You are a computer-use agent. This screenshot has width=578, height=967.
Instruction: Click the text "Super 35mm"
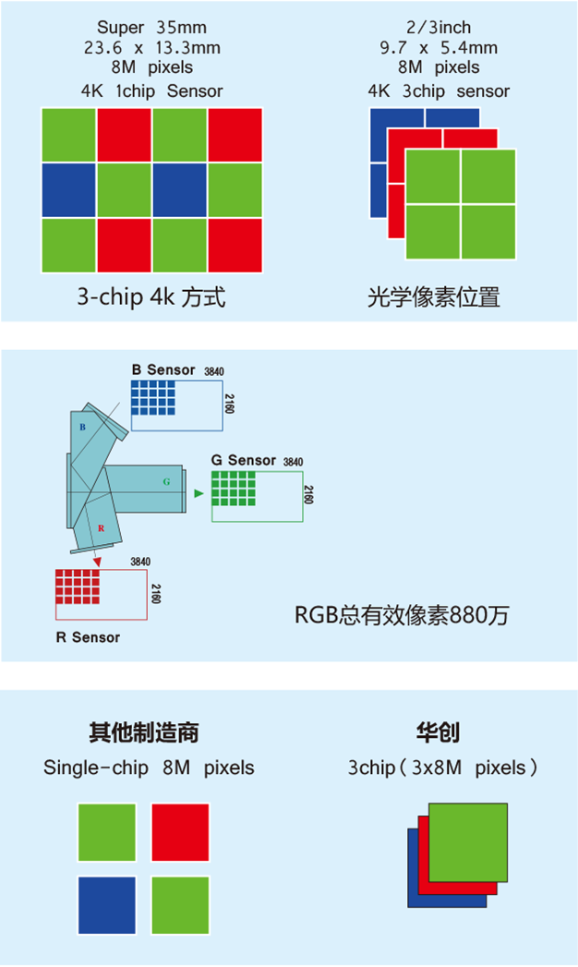pyautogui.click(x=151, y=27)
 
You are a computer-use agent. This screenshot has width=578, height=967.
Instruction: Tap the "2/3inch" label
pyautogui.click(x=439, y=27)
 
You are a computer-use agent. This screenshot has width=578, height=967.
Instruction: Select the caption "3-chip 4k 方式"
pyautogui.click(x=151, y=296)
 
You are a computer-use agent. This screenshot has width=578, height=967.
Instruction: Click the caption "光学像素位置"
pyautogui.click(x=434, y=297)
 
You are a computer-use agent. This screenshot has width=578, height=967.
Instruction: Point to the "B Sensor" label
pyautogui.click(x=163, y=370)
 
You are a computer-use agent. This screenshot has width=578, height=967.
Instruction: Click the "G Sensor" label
pyautogui.click(x=244, y=461)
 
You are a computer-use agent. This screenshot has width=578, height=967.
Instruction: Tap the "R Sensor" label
pyautogui.click(x=88, y=637)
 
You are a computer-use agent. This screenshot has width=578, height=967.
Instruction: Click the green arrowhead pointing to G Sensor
pyautogui.click(x=199, y=493)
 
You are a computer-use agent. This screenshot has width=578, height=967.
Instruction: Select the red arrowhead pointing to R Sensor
pyautogui.click(x=97, y=562)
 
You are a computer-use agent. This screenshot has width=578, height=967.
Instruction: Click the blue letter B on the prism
pyautogui.click(x=82, y=427)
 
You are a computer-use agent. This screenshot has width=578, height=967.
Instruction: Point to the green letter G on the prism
pyautogui.click(x=166, y=481)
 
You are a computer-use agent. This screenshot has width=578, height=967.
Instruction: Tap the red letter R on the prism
pyautogui.click(x=101, y=528)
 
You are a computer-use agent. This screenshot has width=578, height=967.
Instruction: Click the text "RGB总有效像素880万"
pyautogui.click(x=402, y=615)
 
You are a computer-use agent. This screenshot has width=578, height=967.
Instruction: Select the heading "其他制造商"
pyautogui.click(x=143, y=732)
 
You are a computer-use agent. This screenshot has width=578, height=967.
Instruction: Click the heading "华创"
pyautogui.click(x=438, y=732)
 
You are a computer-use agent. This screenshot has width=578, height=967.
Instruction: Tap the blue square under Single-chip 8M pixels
pyautogui.click(x=106, y=905)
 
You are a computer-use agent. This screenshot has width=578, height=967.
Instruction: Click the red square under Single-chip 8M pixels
pyautogui.click(x=181, y=832)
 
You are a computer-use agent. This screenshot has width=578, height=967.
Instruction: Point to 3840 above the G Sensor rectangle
pyautogui.click(x=294, y=462)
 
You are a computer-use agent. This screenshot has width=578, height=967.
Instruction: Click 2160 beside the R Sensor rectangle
pyautogui.click(x=156, y=594)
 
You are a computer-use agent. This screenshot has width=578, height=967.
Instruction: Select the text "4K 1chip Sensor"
pyautogui.click(x=151, y=91)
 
